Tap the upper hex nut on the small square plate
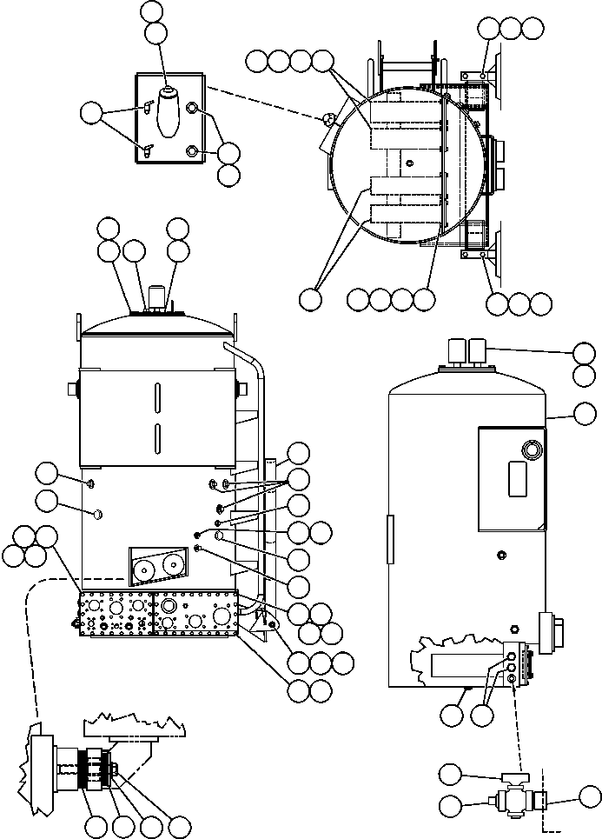(193, 110)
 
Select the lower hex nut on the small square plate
(193, 151)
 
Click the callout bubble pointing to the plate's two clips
(91, 111)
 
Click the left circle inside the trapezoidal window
(144, 569)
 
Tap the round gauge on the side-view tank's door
(528, 449)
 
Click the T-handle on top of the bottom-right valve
(507, 780)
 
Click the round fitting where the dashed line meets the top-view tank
(328, 119)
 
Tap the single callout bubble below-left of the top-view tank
(309, 298)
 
